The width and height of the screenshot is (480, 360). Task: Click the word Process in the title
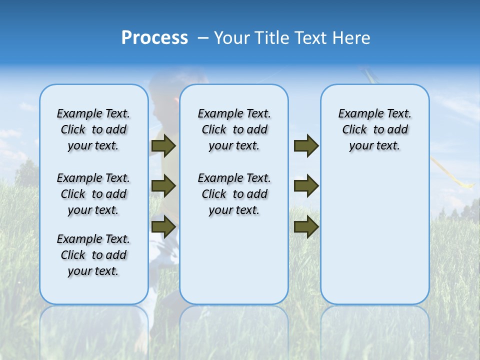pyautogui.click(x=154, y=38)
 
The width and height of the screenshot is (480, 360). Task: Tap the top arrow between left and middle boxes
pyautogui.click(x=163, y=146)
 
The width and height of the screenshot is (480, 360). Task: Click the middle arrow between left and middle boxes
pyautogui.click(x=163, y=186)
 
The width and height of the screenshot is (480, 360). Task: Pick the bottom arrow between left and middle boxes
pyautogui.click(x=163, y=226)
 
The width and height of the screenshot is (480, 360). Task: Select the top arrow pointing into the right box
pyautogui.click(x=306, y=146)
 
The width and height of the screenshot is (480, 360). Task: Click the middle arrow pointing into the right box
pyautogui.click(x=306, y=186)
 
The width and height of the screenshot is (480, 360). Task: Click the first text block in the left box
pyautogui.click(x=93, y=129)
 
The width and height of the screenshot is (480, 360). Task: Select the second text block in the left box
pyautogui.click(x=93, y=194)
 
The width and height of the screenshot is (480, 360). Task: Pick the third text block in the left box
pyautogui.click(x=93, y=255)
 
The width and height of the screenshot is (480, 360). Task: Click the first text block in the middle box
pyautogui.click(x=234, y=129)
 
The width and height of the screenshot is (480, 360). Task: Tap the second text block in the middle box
pyautogui.click(x=234, y=194)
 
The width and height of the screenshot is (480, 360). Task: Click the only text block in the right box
pyautogui.click(x=374, y=129)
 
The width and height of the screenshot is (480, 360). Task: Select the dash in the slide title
pyautogui.click(x=203, y=38)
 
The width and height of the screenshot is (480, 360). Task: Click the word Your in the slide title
pyautogui.click(x=232, y=38)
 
